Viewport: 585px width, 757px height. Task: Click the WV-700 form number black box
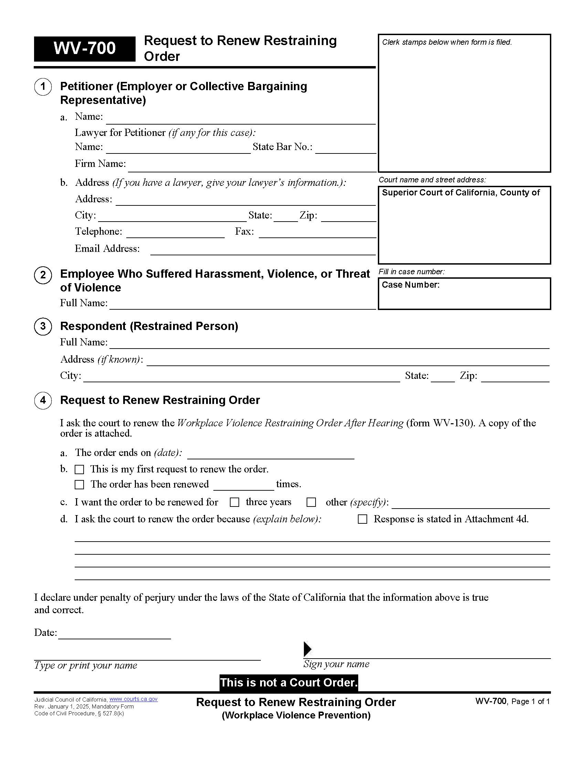(84, 49)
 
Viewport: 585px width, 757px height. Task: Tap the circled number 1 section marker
(43, 86)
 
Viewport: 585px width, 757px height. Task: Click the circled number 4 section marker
(43, 400)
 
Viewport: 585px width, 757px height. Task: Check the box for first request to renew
(79, 470)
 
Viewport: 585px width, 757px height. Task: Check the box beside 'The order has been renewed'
(79, 484)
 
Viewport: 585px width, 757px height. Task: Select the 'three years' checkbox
(235, 502)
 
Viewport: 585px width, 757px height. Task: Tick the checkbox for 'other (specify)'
(311, 502)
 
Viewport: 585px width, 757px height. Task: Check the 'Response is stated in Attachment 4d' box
(362, 519)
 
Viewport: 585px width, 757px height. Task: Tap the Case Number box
(464, 294)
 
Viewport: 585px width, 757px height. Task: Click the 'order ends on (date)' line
(270, 454)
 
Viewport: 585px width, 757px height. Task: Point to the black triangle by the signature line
(307, 649)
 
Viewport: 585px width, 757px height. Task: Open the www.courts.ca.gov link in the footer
(134, 699)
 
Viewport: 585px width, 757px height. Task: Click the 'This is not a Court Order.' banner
(288, 682)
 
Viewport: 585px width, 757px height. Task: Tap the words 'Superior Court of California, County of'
(460, 193)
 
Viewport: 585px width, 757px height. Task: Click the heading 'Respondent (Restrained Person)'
(149, 326)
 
